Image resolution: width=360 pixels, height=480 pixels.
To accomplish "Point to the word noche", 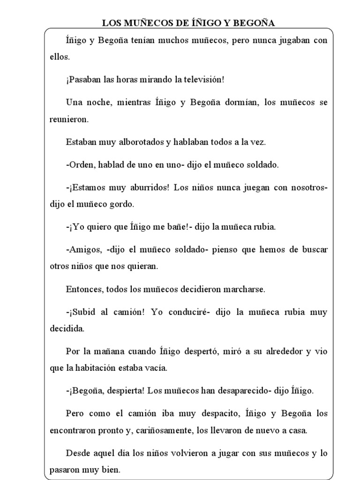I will coord(95,103).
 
